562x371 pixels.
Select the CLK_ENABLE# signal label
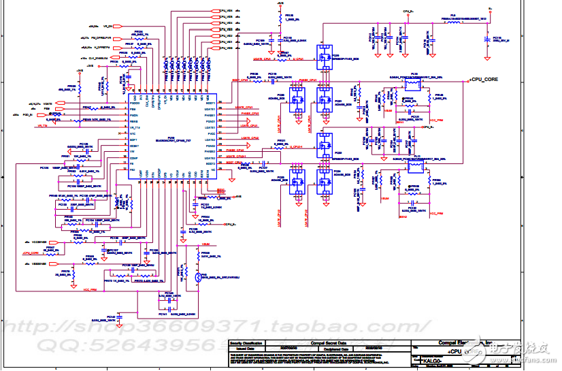click(x=99, y=58)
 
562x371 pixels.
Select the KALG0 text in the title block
click(x=432, y=360)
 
